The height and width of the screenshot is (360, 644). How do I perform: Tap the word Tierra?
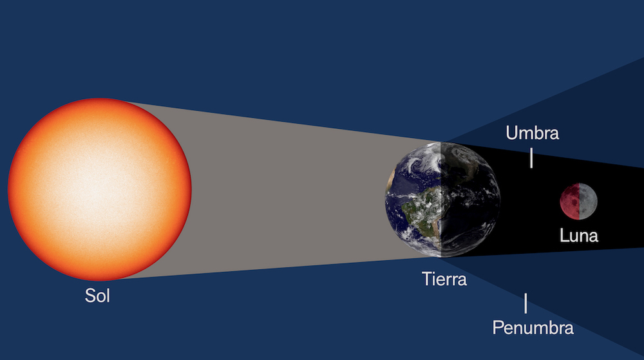444,279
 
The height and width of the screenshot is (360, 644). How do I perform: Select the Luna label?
579,236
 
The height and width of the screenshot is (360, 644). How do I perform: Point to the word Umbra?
532,133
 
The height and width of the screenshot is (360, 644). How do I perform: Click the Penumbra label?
533,327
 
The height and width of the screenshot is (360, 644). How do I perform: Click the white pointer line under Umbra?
531,158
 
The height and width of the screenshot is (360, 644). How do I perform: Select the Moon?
578,201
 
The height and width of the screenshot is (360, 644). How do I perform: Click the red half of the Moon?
569,201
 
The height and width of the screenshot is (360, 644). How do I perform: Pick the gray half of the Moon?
587,201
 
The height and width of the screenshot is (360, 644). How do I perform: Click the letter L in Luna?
563,236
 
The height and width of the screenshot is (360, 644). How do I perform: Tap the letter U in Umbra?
512,133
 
